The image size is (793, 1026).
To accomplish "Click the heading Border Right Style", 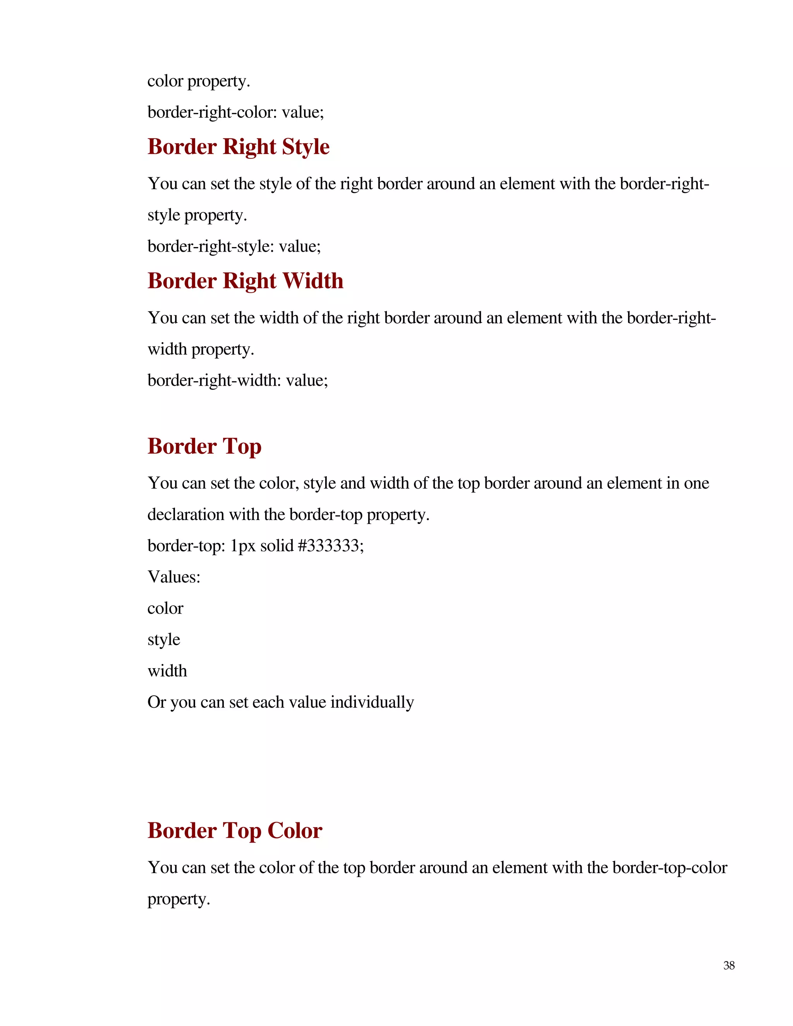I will click(x=239, y=147).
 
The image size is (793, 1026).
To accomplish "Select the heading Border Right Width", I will click(x=245, y=281).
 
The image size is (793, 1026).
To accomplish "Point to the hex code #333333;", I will click(x=331, y=546).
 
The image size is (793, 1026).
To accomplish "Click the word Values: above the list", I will click(x=174, y=577).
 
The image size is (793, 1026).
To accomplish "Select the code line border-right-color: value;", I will click(x=236, y=112).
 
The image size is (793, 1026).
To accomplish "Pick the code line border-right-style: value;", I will click(x=234, y=246).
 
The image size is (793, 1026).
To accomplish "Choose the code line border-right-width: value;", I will click(x=238, y=380).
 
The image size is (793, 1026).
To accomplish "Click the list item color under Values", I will click(x=165, y=608).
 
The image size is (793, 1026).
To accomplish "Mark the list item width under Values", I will click(x=167, y=671).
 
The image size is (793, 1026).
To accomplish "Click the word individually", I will click(x=372, y=702).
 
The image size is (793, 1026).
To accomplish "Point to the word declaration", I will click(x=186, y=515).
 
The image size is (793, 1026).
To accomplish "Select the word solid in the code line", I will click(x=277, y=546).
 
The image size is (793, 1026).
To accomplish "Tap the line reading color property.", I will click(x=199, y=81).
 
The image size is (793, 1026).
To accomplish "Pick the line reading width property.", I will click(x=201, y=349).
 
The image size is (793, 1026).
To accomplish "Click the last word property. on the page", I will click(x=179, y=899).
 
